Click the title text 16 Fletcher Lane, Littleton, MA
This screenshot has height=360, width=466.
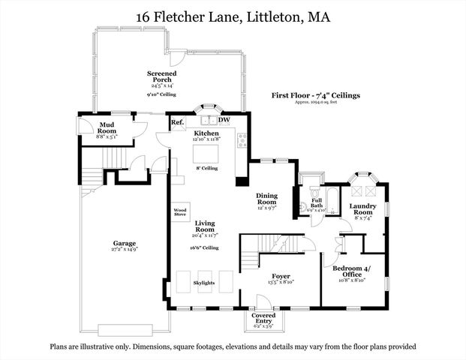pyautogui.click(x=233, y=16)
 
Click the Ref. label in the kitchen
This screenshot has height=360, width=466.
pyautogui.click(x=177, y=121)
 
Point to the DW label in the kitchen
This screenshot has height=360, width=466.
pyautogui.click(x=224, y=120)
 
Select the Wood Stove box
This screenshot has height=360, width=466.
pyautogui.click(x=180, y=212)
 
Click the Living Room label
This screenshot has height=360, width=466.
pyautogui.click(x=205, y=227)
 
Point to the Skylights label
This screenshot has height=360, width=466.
pyautogui.click(x=204, y=283)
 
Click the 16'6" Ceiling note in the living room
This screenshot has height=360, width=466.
pyautogui.click(x=205, y=247)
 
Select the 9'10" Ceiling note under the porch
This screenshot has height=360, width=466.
pyautogui.click(x=162, y=94)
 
